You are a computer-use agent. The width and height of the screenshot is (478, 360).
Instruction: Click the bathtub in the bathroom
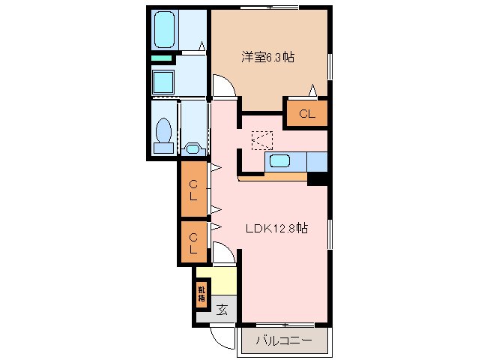tap(165, 28)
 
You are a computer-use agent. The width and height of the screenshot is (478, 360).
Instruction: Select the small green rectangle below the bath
tap(161, 58)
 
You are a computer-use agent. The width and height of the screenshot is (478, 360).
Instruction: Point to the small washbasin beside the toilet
tap(192, 149)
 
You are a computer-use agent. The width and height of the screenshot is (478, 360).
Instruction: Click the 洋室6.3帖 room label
tap(267, 57)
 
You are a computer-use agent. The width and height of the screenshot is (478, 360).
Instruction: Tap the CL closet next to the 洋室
tap(306, 114)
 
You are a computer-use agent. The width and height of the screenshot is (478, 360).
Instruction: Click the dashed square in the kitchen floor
tap(262, 139)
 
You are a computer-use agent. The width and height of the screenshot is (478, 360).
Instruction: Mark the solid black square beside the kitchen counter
tap(318, 178)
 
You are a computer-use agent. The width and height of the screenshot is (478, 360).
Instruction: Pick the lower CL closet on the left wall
tap(193, 241)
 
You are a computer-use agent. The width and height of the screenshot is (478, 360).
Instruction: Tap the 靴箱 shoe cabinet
tap(202, 292)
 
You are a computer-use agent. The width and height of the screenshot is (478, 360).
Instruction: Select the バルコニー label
tap(283, 340)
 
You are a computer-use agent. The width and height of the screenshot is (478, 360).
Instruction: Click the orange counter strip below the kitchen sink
tap(273, 177)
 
